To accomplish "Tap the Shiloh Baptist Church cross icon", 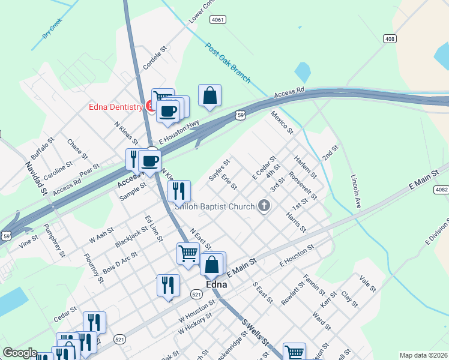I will [x=264, y=206].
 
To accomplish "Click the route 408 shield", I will [x=390, y=38].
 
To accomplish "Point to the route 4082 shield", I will [x=441, y=190].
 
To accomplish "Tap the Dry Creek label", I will [x=52, y=28].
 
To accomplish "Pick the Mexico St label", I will [x=282, y=122].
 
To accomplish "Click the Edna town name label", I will [x=216, y=284].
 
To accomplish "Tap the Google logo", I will [x=20, y=353].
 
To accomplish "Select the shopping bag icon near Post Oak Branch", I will [x=209, y=96].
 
